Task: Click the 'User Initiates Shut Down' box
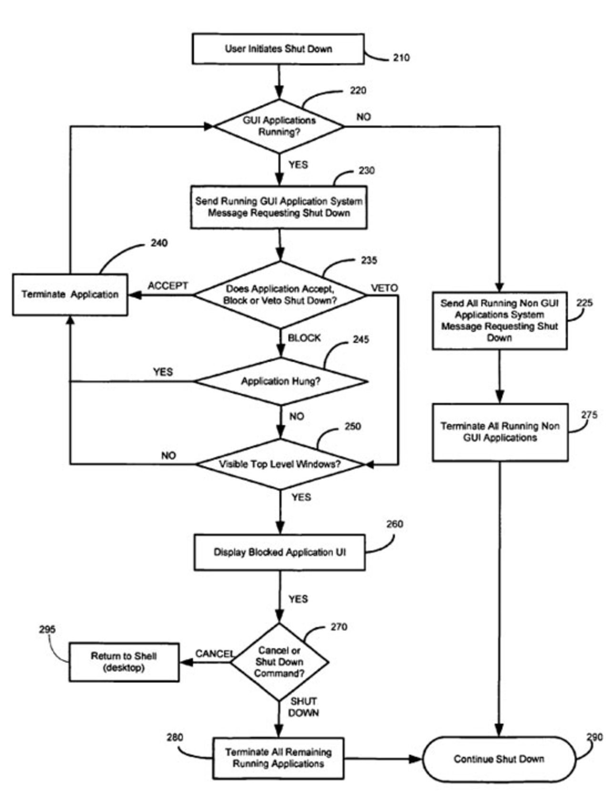(x=278, y=49)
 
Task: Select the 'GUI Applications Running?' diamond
(x=279, y=126)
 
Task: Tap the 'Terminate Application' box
(x=70, y=294)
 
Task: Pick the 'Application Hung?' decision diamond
(x=281, y=381)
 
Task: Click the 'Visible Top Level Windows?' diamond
(x=280, y=464)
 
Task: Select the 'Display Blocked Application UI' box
(x=280, y=552)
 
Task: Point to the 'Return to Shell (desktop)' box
(x=124, y=662)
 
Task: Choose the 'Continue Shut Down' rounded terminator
(x=499, y=759)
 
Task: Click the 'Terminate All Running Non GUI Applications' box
(x=500, y=432)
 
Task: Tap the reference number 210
(x=401, y=58)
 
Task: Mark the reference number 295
(x=47, y=630)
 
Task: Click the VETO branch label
(x=384, y=288)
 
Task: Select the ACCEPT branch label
(x=168, y=286)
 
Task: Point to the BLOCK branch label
(x=304, y=338)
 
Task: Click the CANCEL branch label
(x=214, y=653)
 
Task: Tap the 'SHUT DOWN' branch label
(x=304, y=707)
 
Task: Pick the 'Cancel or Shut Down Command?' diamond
(x=279, y=662)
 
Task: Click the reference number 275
(x=589, y=415)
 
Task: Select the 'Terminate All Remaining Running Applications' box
(x=278, y=758)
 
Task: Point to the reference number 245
(x=361, y=340)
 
